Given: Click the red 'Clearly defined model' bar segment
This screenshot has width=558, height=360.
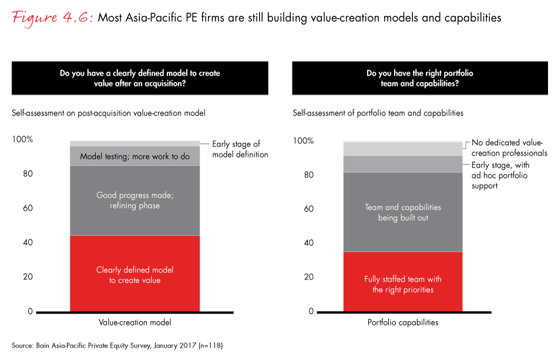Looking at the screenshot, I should tap(135, 274).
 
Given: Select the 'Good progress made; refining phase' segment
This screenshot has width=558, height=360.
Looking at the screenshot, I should tap(135, 201).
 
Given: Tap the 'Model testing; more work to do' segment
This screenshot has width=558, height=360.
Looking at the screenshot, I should tap(135, 156).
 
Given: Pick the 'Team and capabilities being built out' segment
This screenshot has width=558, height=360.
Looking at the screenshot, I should tap(402, 212).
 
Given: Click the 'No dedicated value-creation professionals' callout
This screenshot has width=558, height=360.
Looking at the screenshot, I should tap(507, 147).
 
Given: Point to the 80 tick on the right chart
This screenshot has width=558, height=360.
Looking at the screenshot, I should tap(309, 175).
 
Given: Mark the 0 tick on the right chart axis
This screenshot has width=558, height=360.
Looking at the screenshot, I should tap(312, 312).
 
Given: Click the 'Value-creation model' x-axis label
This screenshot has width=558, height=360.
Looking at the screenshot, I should tap(135, 322).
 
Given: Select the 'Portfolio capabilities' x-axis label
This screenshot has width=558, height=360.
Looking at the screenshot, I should tap(402, 322).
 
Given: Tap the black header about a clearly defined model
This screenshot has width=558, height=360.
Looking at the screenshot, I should tap(140, 78).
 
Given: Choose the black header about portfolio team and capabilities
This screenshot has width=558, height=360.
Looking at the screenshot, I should tap(419, 78).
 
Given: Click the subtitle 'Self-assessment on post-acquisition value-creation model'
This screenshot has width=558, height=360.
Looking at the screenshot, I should tap(109, 113).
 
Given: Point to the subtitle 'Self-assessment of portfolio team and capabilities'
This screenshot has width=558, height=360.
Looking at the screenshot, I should tap(378, 113).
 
